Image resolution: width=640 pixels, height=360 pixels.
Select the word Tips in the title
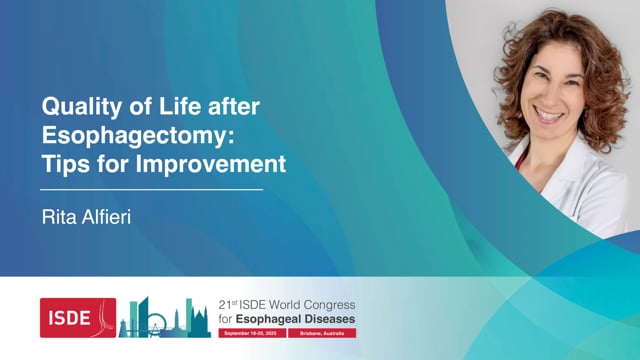(x=64, y=162)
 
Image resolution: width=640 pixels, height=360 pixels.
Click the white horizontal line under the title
(x=150, y=188)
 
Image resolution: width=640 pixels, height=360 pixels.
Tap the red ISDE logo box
(x=77, y=317)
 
